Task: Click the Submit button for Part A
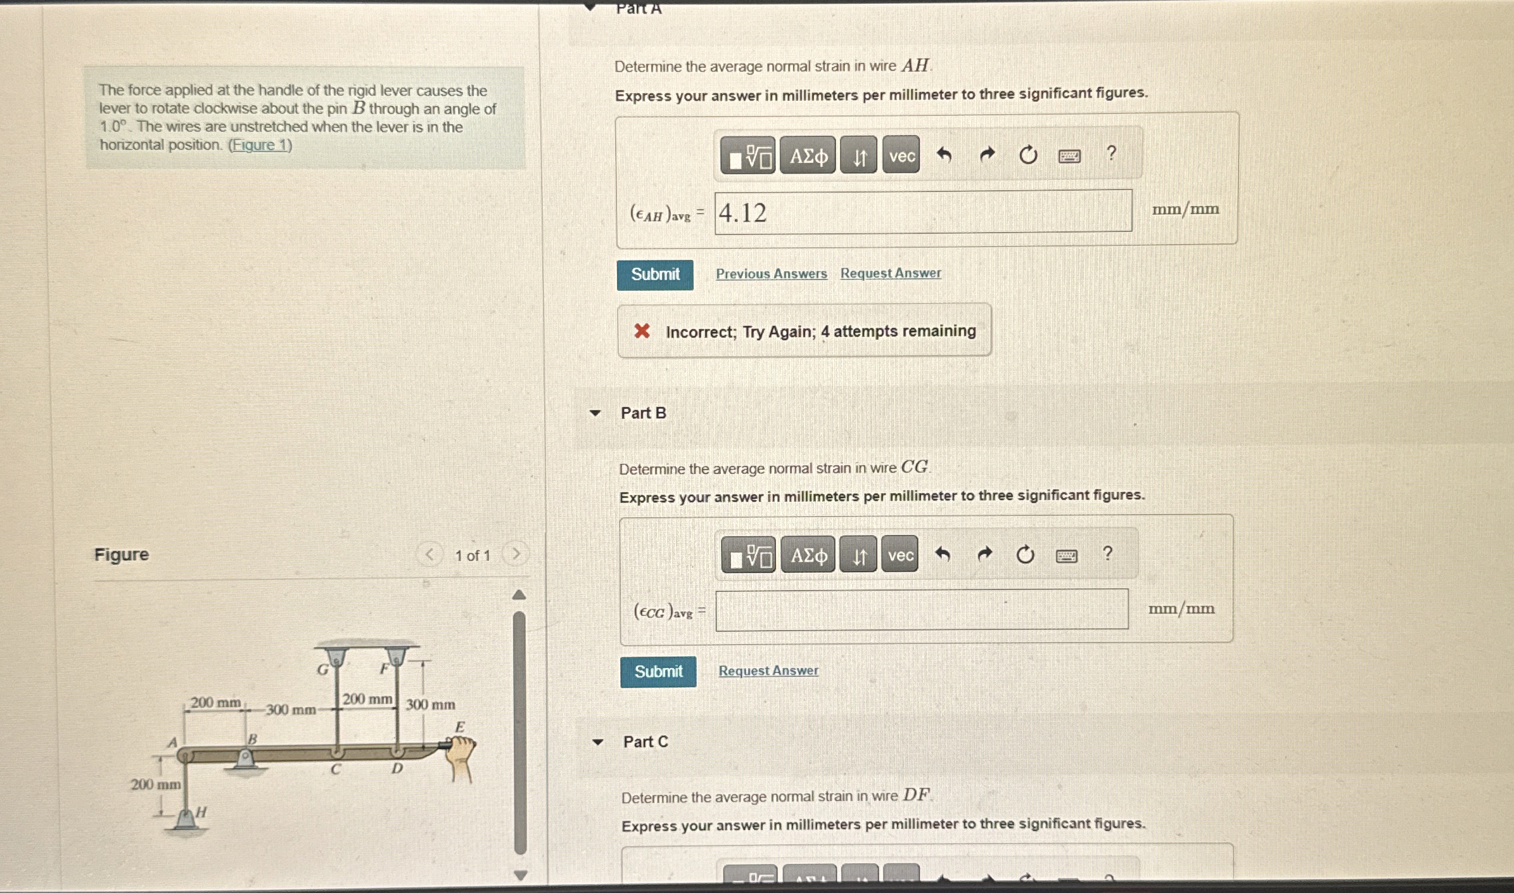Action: click(x=655, y=274)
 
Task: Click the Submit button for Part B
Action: click(x=658, y=672)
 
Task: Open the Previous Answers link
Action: click(x=772, y=274)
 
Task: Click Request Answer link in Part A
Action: click(x=891, y=273)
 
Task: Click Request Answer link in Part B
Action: click(x=768, y=671)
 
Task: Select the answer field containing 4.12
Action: click(x=923, y=212)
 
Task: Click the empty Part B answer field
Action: click(x=922, y=609)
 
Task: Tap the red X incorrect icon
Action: click(x=642, y=331)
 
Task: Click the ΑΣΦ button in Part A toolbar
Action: click(x=808, y=155)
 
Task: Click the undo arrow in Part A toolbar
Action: click(x=944, y=154)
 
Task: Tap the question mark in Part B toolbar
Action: click(x=1107, y=553)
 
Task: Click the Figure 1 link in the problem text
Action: click(x=260, y=145)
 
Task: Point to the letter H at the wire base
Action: click(x=201, y=812)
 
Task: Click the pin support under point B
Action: click(x=245, y=760)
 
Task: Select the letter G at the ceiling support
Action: click(x=322, y=669)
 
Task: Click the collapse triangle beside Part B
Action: click(x=595, y=413)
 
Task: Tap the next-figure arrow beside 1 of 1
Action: click(x=516, y=555)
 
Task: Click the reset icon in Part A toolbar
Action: click(x=1027, y=155)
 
